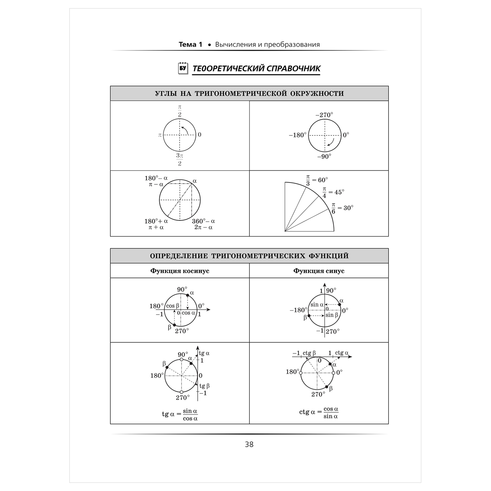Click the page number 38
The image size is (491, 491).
tap(249, 445)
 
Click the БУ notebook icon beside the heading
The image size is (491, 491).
tap(183, 68)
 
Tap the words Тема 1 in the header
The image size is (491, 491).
tap(191, 45)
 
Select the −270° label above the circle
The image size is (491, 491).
tap(324, 115)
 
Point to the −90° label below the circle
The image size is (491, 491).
tap(324, 156)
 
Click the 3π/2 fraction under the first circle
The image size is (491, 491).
tap(179, 159)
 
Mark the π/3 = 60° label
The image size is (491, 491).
tap(317, 180)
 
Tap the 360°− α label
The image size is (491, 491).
tap(203, 221)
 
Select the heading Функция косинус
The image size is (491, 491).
tap(180, 271)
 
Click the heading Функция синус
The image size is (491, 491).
tap(319, 271)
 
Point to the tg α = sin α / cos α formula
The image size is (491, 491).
tap(180, 414)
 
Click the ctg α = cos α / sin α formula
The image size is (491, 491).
tap(319, 412)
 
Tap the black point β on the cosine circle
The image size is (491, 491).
tap(174, 325)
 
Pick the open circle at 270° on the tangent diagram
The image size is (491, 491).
tap(181, 392)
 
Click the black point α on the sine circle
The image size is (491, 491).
tap(339, 305)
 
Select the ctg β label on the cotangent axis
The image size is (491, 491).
tap(309, 353)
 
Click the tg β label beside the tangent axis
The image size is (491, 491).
tap(204, 386)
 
